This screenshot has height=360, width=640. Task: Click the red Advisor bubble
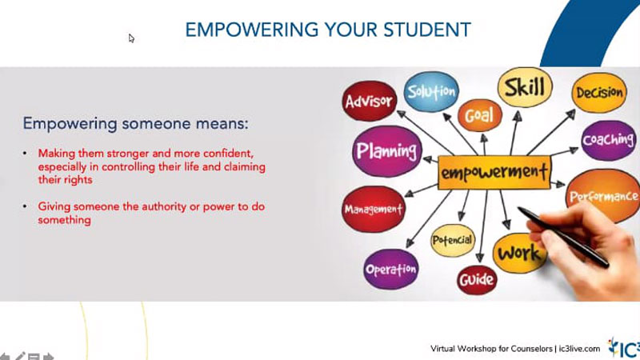pyautogui.click(x=370, y=101)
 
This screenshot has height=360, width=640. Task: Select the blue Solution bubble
pyautogui.click(x=431, y=91)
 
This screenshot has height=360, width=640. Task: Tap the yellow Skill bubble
pyautogui.click(x=525, y=87)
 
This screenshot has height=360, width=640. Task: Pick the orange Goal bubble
pyautogui.click(x=479, y=115)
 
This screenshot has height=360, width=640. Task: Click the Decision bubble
pyautogui.click(x=599, y=93)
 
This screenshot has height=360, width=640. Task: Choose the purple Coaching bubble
pyautogui.click(x=609, y=140)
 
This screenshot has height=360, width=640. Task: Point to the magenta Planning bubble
pyautogui.click(x=386, y=151)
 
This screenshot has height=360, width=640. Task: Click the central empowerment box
pyautogui.click(x=494, y=172)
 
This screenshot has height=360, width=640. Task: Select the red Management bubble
pyautogui.click(x=374, y=209)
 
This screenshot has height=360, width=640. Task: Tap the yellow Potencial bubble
pyautogui.click(x=453, y=240)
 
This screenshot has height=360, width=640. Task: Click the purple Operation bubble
pyautogui.click(x=391, y=270)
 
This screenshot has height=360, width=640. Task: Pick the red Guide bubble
pyautogui.click(x=477, y=280)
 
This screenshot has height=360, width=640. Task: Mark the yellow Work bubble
pyautogui.click(x=519, y=254)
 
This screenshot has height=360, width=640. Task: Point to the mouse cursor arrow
pyautogui.click(x=131, y=38)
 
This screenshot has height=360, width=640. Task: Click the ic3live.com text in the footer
pyautogui.click(x=579, y=349)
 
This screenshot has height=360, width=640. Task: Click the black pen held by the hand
pyautogui.click(x=563, y=237)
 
